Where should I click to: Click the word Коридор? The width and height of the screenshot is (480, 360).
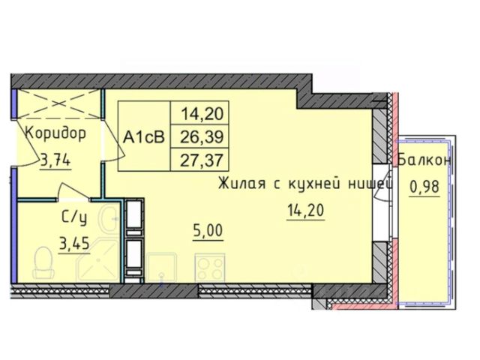point(53,134)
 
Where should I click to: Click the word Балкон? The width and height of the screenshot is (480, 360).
point(425,160)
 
